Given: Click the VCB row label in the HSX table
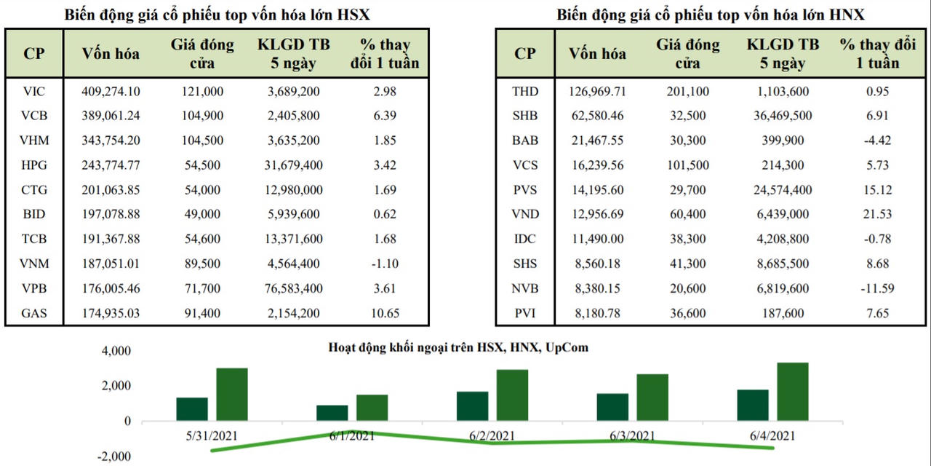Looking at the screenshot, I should tap(34, 115).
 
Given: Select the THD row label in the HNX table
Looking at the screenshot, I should tap(525, 91).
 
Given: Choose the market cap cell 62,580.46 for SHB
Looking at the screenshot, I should tap(596, 115).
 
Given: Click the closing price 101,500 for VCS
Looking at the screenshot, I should tap(687, 165).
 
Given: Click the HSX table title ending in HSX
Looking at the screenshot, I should tap(216, 15).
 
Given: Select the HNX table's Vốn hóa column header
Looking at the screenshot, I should tap(596, 53).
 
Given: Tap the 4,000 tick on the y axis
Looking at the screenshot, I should tap(117, 351).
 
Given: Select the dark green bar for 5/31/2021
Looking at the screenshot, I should tap(192, 409).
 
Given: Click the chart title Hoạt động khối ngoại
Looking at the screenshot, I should tap(458, 347).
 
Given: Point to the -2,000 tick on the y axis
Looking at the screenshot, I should tap(114, 457).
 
